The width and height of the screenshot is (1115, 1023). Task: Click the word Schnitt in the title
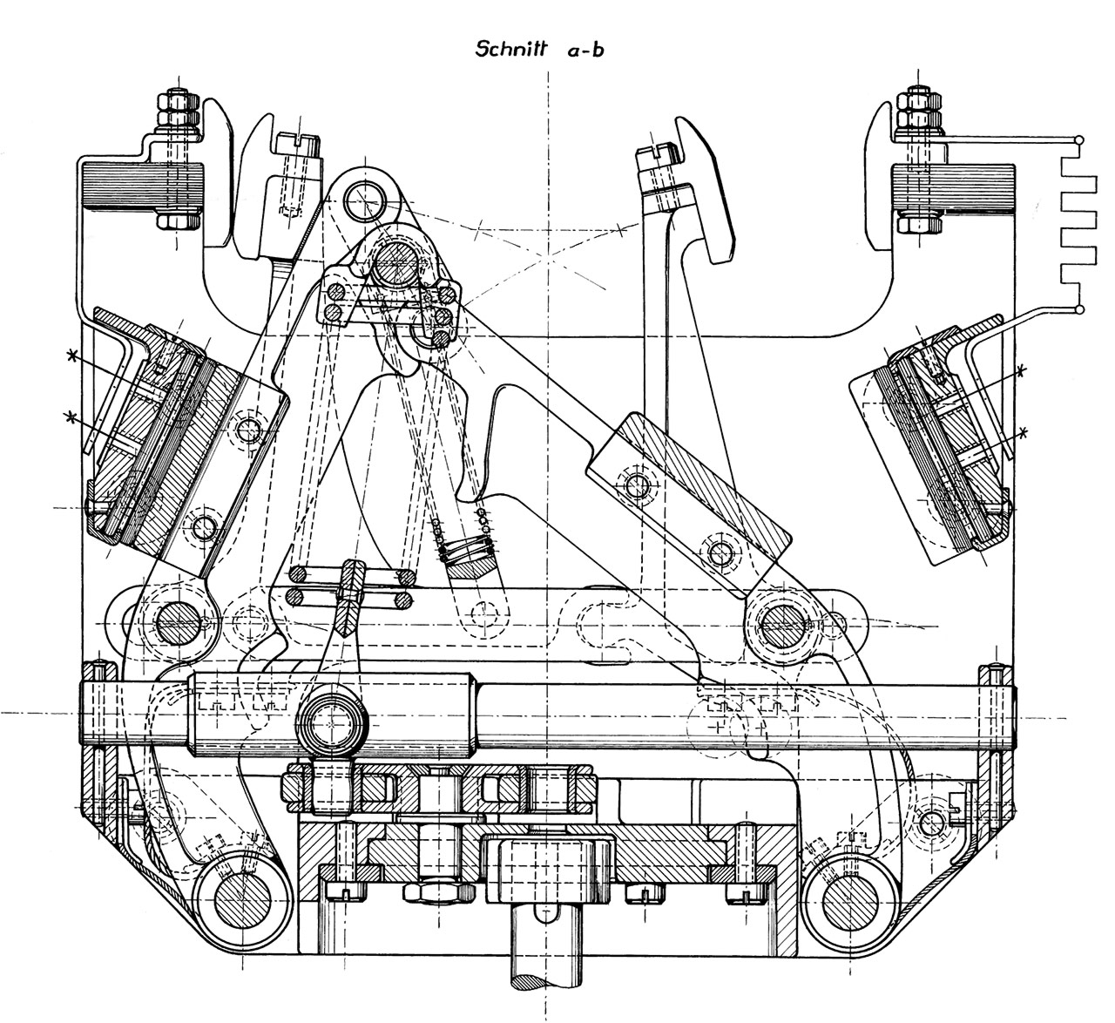(510, 49)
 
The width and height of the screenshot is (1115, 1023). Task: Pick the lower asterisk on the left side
(72, 417)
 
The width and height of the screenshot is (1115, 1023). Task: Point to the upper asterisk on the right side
(1020, 370)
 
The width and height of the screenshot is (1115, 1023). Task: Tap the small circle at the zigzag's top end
(1080, 139)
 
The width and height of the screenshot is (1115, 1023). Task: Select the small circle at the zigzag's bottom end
(1080, 308)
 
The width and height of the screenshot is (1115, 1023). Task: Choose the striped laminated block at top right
(956, 187)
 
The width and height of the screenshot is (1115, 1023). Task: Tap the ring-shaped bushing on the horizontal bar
(332, 722)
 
